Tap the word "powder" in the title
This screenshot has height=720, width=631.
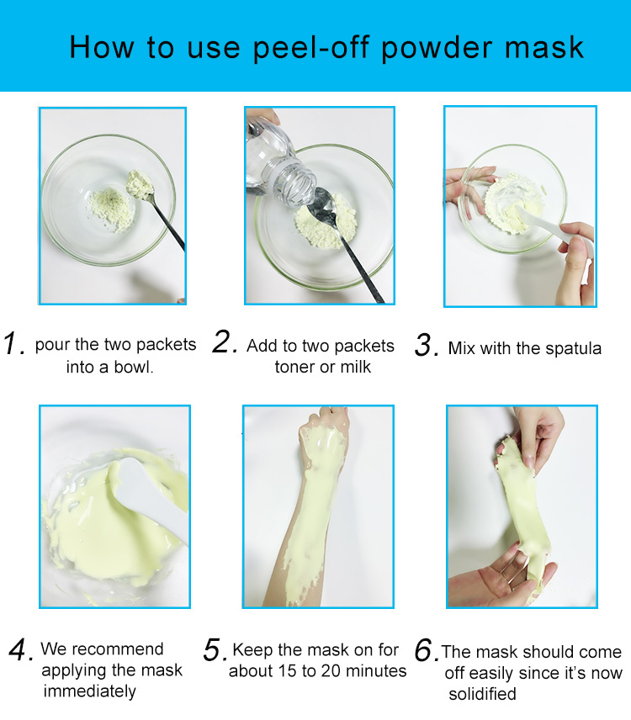point(437,47)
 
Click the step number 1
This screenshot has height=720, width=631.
point(13,343)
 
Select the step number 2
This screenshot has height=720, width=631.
point(225,342)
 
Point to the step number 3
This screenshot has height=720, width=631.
point(426,345)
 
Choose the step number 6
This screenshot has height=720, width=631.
point(425,651)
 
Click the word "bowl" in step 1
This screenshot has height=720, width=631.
point(132,367)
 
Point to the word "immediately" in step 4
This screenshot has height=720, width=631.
point(89,691)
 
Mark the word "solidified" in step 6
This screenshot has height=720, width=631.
point(482,694)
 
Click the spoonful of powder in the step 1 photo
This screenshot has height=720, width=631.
point(140,184)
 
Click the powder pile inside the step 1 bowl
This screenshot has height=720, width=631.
point(111,209)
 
